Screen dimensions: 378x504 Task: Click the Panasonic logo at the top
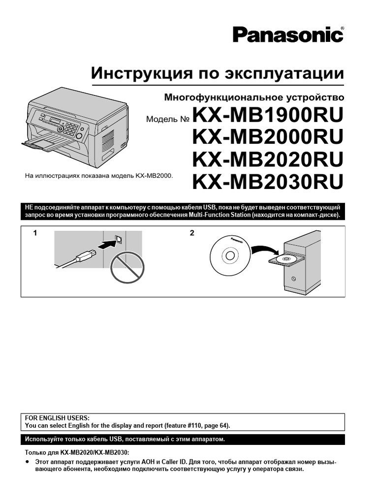coord(288,35)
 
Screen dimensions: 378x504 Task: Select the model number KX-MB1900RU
coord(268,115)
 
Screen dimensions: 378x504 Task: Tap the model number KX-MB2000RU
coord(268,137)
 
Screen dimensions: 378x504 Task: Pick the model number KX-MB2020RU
coord(268,159)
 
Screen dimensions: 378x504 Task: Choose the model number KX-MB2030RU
coord(268,182)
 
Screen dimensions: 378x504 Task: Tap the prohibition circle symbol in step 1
coord(127,267)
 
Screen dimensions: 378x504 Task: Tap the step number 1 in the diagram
coord(35,233)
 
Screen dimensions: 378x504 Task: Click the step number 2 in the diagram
coord(192,233)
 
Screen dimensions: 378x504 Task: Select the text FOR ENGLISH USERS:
coord(57,418)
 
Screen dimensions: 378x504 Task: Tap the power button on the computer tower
coord(293,279)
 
